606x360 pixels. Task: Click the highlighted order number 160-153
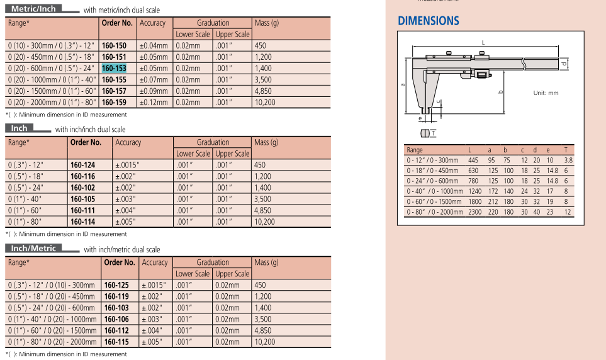point(114,68)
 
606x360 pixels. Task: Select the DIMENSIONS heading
point(429,21)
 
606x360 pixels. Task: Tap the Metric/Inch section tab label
point(34,9)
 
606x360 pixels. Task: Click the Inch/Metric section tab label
point(33,249)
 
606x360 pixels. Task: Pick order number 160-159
point(114,102)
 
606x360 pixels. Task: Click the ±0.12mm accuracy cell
point(154,102)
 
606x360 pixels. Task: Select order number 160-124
point(82,165)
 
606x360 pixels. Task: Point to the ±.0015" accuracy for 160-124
point(127,165)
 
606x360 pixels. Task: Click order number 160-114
point(82,222)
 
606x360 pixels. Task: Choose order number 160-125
point(116,285)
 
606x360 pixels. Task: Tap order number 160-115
point(116,342)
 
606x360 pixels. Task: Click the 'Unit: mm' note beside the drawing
point(546,93)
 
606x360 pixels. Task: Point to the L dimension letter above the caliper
point(483,42)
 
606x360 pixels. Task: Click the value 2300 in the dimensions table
point(474,212)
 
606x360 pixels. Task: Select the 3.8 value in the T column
point(568,160)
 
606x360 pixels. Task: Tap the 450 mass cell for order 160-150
point(261,46)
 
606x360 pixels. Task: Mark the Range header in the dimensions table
point(415,150)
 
